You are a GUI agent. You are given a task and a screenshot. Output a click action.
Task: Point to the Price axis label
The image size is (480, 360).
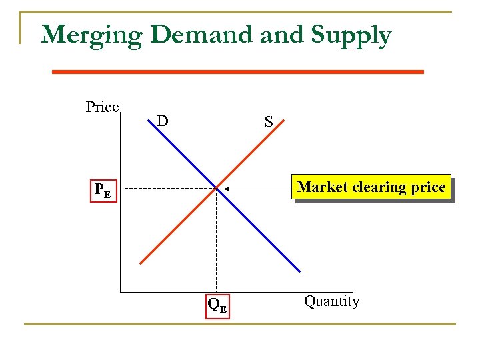(102, 107)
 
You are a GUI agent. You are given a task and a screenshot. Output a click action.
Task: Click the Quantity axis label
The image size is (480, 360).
(331, 301)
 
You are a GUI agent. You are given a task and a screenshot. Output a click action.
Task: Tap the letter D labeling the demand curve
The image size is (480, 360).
(162, 121)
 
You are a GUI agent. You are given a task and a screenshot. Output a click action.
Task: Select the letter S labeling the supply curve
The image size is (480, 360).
(268, 121)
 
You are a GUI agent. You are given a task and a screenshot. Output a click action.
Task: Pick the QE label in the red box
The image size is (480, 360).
(217, 305)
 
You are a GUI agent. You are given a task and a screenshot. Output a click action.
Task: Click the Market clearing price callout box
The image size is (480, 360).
(371, 187)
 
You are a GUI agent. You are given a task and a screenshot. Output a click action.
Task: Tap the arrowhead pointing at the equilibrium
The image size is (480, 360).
(227, 189)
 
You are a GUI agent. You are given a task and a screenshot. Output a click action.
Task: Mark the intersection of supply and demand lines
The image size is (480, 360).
(216, 189)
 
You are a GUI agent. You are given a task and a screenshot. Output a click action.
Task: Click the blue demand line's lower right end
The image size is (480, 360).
(299, 271)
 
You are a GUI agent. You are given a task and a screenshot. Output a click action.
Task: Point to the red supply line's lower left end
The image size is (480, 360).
(141, 264)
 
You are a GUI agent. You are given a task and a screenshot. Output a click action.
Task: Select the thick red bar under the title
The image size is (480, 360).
(237, 71)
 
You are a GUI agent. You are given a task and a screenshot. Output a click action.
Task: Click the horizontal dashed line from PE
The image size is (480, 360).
(167, 189)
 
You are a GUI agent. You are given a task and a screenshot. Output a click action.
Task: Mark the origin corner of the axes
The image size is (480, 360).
(120, 292)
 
